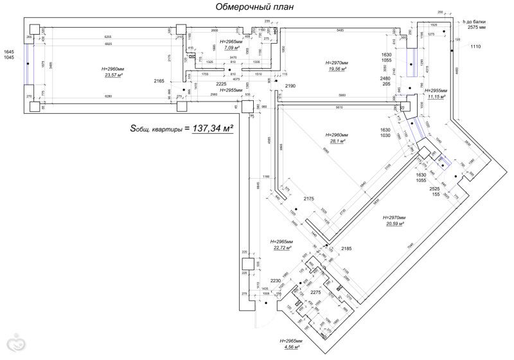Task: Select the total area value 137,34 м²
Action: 209,129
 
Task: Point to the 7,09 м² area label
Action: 228,48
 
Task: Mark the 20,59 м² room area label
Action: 394,224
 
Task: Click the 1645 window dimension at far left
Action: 8,51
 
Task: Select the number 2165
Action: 159,81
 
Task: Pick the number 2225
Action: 222,84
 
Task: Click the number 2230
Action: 276,280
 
